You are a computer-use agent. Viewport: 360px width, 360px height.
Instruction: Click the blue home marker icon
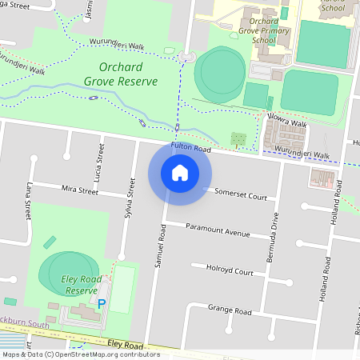click(x=180, y=173)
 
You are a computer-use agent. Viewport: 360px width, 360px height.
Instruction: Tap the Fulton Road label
click(x=190, y=148)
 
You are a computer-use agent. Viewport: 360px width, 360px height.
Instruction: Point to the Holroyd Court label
click(x=230, y=272)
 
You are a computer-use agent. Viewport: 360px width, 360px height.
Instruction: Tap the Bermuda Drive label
click(x=273, y=238)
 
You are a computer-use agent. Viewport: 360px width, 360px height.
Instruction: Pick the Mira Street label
click(x=79, y=191)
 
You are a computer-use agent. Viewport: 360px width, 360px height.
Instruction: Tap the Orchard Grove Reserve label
click(x=121, y=74)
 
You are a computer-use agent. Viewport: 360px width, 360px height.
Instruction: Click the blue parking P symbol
click(x=101, y=304)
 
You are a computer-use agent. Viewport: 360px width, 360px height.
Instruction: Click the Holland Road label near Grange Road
click(x=326, y=280)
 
